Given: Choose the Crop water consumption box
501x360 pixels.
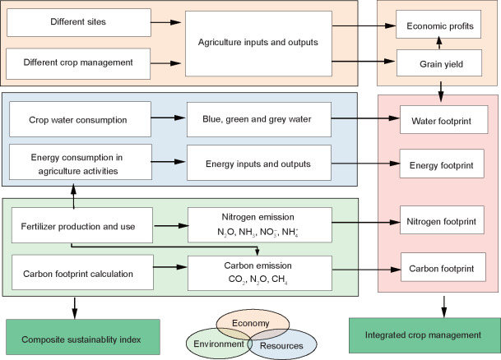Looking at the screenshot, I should (x=77, y=119).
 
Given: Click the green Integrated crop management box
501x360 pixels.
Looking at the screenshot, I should (x=424, y=335).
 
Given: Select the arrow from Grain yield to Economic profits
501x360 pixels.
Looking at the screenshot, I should (x=438, y=43).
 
